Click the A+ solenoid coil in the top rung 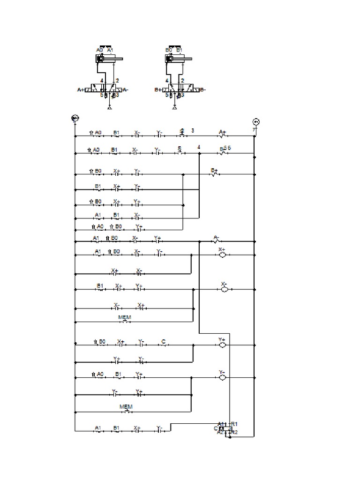(x=223, y=136)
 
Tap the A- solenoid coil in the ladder (x=216, y=241)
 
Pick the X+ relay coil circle (x=223, y=255)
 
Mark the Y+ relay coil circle (x=223, y=345)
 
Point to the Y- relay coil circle (x=223, y=377)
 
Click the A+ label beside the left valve (x=81, y=89)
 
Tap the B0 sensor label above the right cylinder (x=169, y=49)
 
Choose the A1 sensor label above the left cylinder (x=110, y=49)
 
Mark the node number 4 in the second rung (x=199, y=147)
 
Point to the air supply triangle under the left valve (x=110, y=108)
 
